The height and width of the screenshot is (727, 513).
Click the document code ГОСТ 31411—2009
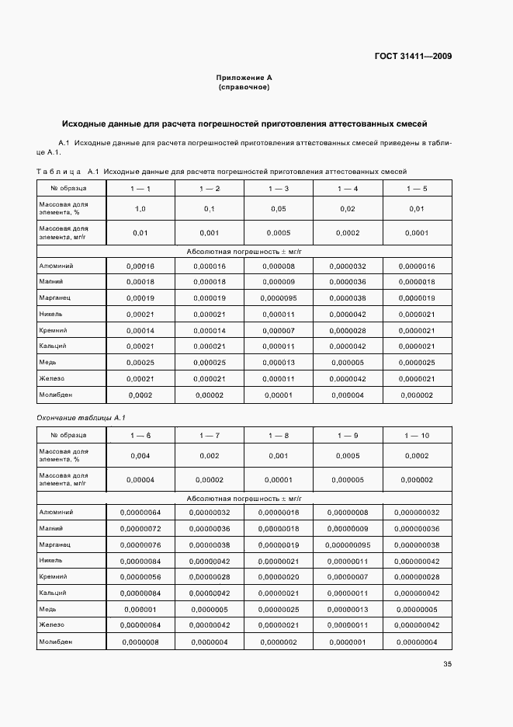[414, 56]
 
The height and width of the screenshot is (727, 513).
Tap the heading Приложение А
[244, 78]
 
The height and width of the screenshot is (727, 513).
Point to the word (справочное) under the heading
[244, 87]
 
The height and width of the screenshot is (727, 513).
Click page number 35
[447, 663]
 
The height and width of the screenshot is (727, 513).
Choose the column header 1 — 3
[279, 189]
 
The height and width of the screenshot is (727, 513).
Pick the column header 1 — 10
[417, 435]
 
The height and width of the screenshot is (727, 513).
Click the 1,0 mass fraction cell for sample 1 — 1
[140, 209]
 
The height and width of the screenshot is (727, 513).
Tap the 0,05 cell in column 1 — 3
[279, 209]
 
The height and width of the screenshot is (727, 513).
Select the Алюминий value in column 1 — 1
[140, 266]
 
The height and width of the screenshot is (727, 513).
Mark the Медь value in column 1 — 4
[347, 362]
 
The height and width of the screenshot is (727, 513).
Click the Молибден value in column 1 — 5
[417, 395]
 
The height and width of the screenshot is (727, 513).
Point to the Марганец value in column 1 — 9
[348, 544]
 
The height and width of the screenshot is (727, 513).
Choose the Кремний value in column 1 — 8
[279, 577]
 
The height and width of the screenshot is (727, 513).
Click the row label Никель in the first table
[50, 314]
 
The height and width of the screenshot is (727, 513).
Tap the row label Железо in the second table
[52, 624]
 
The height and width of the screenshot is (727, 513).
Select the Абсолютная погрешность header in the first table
[244, 251]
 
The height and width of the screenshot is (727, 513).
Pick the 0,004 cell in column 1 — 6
[140, 456]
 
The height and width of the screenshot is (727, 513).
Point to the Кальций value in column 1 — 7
[210, 593]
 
